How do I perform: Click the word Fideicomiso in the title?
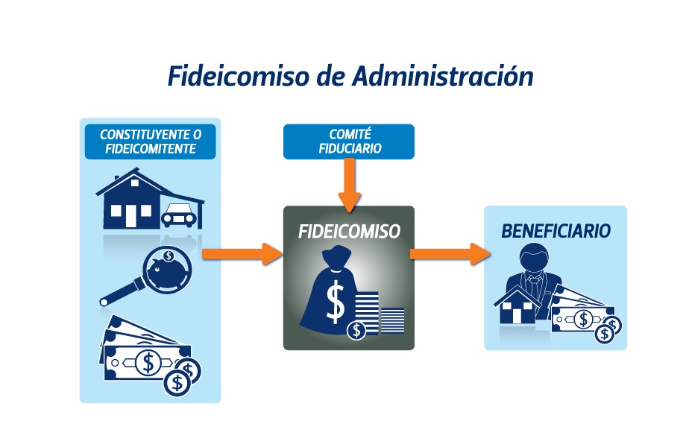tap(239, 76)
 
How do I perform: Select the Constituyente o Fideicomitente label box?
tap(150, 142)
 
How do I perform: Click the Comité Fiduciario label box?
tap(349, 142)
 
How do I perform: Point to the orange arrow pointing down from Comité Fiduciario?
tap(349, 186)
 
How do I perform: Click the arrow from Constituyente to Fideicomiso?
tap(242, 254)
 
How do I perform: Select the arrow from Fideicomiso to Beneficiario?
tap(450, 254)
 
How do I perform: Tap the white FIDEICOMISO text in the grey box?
tap(349, 232)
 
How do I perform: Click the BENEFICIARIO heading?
tap(556, 231)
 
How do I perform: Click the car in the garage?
tap(178, 215)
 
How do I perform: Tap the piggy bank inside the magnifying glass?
tap(168, 268)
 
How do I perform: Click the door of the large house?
tap(130, 216)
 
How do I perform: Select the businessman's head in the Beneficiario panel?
tap(534, 259)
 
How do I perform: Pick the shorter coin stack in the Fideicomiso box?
tap(392, 320)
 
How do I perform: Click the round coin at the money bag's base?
tap(356, 330)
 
